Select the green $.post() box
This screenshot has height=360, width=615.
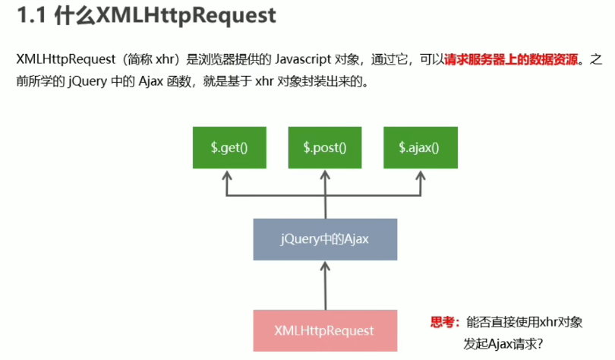325,147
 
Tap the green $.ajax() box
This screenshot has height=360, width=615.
419,147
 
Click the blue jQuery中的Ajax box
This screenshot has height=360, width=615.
324,240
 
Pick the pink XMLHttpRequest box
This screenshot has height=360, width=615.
324,330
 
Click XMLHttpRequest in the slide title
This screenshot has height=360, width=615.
186,16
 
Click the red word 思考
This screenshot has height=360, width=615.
443,322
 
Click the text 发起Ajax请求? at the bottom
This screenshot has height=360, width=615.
505,343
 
